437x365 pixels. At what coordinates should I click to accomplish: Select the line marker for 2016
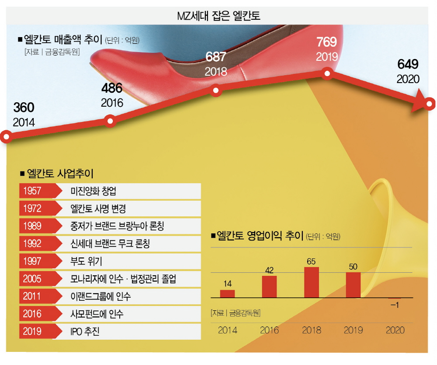coord(111,121)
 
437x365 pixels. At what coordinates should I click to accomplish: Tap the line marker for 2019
coord(327,74)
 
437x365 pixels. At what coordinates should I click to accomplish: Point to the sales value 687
coord(216,57)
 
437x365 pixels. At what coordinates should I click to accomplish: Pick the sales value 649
coord(408,64)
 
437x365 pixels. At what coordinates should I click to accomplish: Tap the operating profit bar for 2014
coord(227,293)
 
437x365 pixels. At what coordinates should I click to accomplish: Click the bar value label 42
coord(269,270)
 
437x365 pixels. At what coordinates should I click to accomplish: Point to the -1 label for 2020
coord(394,305)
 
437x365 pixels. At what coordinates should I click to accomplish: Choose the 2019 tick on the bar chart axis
coord(353,330)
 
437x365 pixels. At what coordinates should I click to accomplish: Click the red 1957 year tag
coord(33,191)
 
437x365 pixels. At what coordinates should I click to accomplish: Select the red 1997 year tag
coord(33,261)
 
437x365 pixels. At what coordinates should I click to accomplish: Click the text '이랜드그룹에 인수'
coord(101,296)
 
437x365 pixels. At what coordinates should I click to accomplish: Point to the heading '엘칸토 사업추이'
coord(59,173)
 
